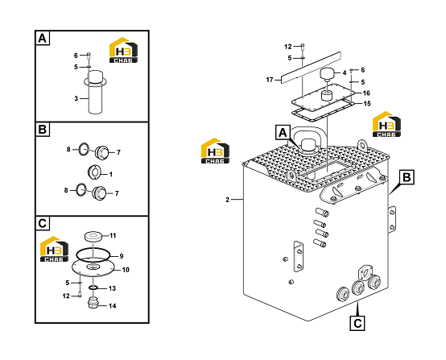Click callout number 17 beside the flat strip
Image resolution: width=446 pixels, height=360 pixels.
pos(270,80)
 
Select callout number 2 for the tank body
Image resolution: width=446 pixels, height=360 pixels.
pos(227,200)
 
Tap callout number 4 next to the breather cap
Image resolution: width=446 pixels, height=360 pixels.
pos(345,72)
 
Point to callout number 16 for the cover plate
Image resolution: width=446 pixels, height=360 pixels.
pos(366,93)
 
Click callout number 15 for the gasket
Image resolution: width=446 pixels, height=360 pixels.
pos(367,104)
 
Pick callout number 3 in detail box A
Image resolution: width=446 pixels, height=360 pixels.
pos(76,99)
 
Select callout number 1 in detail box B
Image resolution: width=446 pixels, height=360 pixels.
pos(111,174)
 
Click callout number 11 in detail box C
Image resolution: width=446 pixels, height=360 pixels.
pos(113,236)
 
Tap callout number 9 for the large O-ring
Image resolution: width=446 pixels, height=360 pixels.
pos(122,256)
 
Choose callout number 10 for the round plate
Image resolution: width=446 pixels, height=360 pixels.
pos(126,270)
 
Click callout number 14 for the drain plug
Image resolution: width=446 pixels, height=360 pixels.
pos(113,306)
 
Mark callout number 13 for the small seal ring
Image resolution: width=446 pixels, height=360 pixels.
pos(113,288)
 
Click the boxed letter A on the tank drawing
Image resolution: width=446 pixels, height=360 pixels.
pos(283,132)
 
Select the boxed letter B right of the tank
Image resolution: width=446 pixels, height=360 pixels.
pos(407,177)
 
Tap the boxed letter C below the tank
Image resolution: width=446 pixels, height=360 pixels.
pos(357,323)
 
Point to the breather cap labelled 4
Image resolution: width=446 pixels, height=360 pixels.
pos(328,74)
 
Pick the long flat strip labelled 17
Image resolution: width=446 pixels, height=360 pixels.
pos(311,68)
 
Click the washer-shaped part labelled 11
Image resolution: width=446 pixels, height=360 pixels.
pos(93,236)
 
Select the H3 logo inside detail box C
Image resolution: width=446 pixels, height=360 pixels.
pos(54,249)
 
